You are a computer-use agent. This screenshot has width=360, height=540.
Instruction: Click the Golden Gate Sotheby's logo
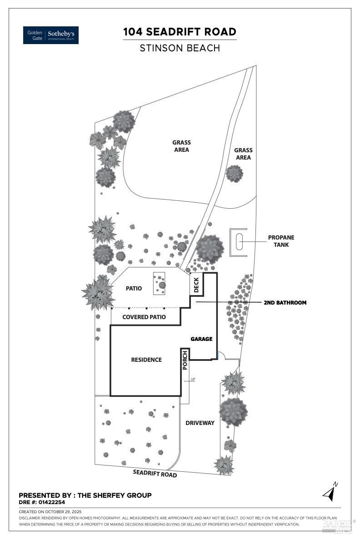pyautogui.click(x=51, y=35)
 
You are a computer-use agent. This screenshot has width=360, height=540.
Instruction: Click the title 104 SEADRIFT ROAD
pyautogui.click(x=180, y=32)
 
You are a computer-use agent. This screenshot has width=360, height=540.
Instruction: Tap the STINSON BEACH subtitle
pyautogui.click(x=180, y=48)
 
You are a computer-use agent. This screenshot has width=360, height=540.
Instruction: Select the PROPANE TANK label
pyautogui.click(x=281, y=241)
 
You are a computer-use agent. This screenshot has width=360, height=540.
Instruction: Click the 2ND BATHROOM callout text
pyautogui.click(x=285, y=302)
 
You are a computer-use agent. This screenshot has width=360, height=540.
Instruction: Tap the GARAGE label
pyautogui.click(x=201, y=339)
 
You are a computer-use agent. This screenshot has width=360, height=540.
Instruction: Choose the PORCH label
pyautogui.click(x=185, y=360)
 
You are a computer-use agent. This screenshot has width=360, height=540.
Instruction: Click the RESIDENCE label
pyautogui.click(x=146, y=360)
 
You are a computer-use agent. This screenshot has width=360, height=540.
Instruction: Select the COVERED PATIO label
pyautogui.click(x=144, y=317)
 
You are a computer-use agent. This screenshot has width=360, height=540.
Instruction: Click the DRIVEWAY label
pyautogui.click(x=200, y=423)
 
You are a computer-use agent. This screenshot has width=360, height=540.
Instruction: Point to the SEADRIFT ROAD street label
pyautogui.click(x=155, y=473)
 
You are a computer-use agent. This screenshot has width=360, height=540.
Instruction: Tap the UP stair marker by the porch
pyautogui.click(x=193, y=379)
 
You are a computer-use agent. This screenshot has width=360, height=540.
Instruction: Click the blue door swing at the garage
pyautogui.click(x=219, y=356)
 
